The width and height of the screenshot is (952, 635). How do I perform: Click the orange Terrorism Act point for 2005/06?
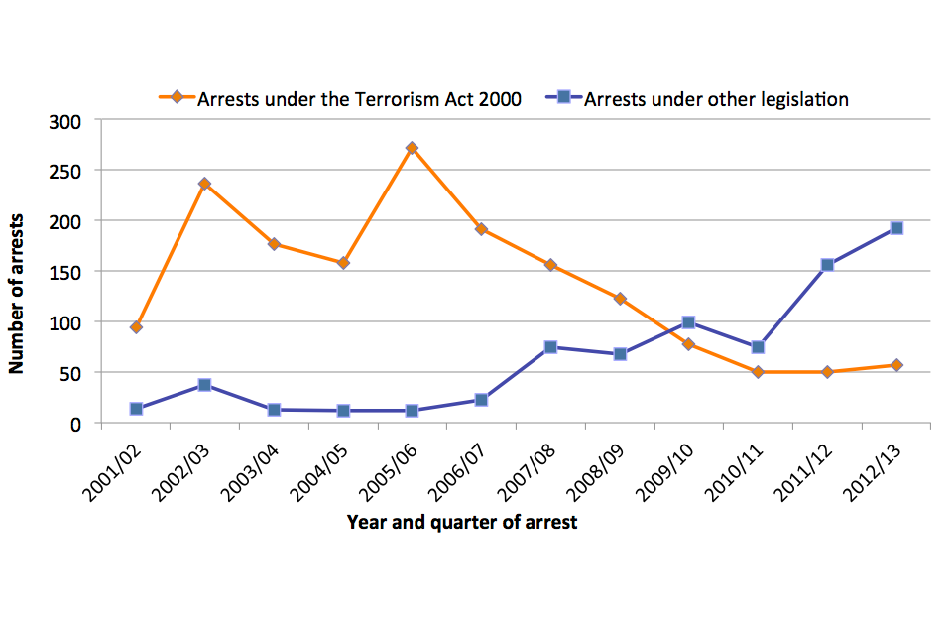[x=412, y=148]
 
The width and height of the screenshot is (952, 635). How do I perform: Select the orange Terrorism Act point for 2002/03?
[x=204, y=184]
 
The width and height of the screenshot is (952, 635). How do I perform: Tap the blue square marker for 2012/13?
[x=896, y=228]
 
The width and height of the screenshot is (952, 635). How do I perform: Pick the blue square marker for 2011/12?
[x=827, y=265]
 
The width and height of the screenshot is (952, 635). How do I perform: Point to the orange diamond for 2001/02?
[x=136, y=327]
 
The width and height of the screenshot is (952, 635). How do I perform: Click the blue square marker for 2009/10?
[x=688, y=322]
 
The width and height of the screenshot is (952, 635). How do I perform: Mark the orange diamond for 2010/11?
[x=758, y=372]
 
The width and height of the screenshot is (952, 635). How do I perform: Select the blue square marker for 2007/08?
[x=550, y=347]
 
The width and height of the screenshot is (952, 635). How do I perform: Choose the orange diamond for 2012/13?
[x=896, y=365]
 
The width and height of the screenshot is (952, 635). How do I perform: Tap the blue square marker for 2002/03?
[x=204, y=385]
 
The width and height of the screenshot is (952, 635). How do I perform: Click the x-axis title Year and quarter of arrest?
[x=462, y=522]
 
